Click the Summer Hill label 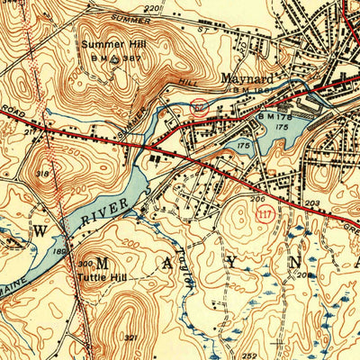tap(112, 44)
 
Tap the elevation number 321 tap(131, 337)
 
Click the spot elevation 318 tap(42, 174)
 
